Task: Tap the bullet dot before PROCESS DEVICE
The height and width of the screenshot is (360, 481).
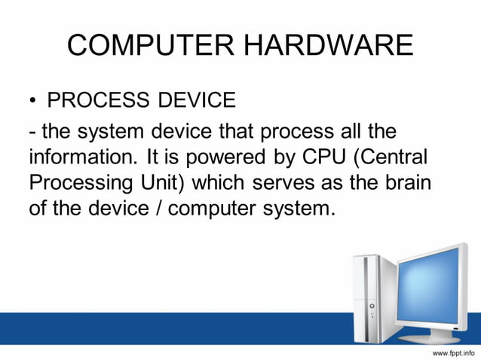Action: [x=33, y=100]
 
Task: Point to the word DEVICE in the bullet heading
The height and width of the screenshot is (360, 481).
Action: [x=195, y=99]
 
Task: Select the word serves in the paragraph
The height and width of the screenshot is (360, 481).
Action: [x=290, y=184]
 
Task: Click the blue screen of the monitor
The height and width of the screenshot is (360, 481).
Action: [x=431, y=289]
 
